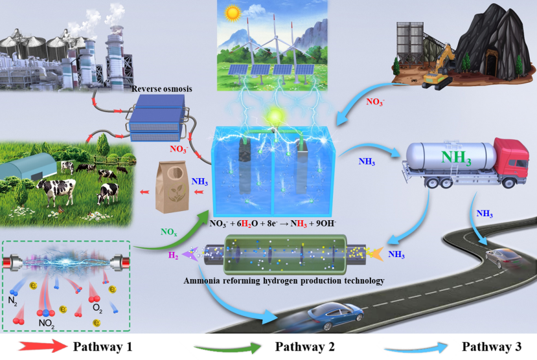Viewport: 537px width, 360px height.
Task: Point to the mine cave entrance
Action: click(492, 63)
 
